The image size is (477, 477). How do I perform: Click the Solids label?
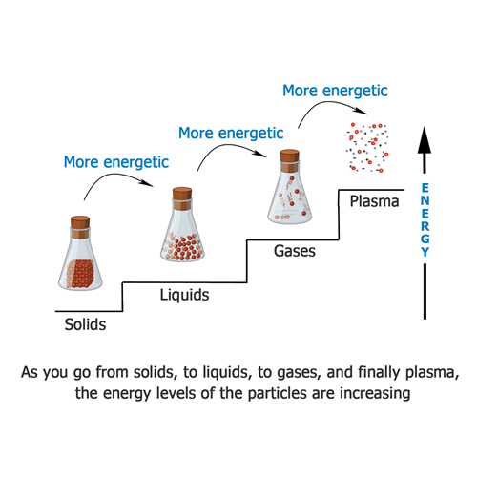[85, 324]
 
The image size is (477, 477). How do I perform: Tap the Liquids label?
[184, 295]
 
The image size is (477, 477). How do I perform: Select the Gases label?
[295, 251]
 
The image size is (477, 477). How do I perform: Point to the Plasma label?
[374, 201]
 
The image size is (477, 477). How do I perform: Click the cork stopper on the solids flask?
[80, 227]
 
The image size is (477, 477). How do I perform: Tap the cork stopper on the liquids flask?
[182, 198]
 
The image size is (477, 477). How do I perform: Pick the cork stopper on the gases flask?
[289, 160]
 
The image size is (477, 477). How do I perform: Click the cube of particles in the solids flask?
[80, 274]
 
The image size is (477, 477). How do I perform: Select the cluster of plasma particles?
[367, 147]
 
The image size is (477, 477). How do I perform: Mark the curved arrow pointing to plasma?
[332, 104]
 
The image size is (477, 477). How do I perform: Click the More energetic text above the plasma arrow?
[335, 91]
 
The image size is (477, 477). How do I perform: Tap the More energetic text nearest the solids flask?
[116, 162]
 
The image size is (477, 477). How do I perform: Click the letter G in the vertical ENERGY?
[425, 238]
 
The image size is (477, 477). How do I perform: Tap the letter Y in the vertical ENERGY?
[425, 252]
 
